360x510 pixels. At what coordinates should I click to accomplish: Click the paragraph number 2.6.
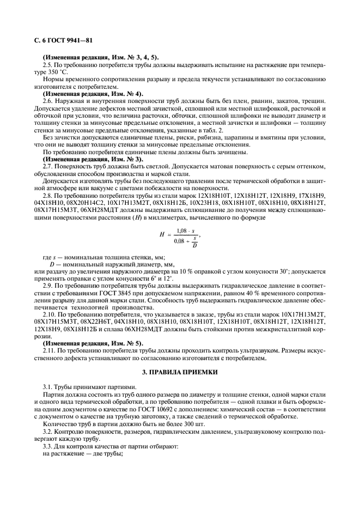pyautogui.click(x=47, y=100)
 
